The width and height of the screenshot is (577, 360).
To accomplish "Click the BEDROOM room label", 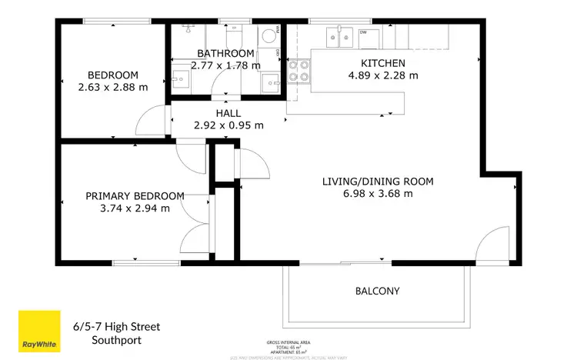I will [x=112, y=75].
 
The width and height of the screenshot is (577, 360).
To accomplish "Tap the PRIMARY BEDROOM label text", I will [x=135, y=195].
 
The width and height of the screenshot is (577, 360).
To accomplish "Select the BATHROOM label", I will [x=225, y=53].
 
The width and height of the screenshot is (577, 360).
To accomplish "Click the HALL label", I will [x=228, y=113].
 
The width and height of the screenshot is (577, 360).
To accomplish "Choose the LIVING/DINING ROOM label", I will [x=377, y=182].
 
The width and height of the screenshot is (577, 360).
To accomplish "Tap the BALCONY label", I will [x=377, y=291].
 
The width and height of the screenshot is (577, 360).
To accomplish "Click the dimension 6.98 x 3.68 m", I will [x=377, y=194].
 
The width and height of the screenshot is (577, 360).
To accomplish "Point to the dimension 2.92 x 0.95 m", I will [x=228, y=125].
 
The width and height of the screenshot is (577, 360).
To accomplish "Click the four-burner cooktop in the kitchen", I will [x=299, y=71].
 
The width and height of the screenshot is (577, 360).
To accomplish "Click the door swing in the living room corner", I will [x=491, y=251].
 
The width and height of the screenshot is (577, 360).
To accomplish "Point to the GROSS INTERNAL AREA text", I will [x=288, y=342].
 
